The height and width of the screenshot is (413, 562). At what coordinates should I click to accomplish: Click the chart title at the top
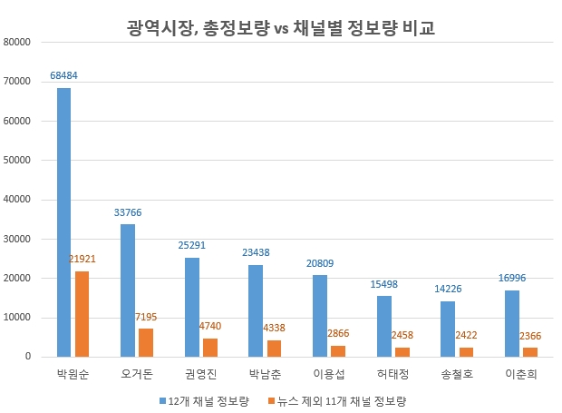click(280, 28)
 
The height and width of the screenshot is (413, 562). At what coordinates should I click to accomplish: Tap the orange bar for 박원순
click(82, 314)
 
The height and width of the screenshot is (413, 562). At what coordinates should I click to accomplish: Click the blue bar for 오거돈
click(128, 290)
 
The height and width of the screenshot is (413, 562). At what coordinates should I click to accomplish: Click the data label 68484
click(64, 74)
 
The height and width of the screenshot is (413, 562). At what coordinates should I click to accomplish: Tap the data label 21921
click(82, 259)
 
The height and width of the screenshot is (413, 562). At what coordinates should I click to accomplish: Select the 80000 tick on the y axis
click(17, 42)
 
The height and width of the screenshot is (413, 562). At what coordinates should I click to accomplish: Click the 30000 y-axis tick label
click(17, 239)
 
